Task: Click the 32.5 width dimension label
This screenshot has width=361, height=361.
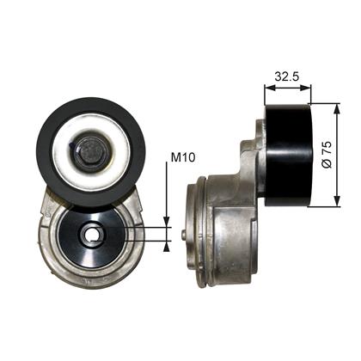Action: [287, 76]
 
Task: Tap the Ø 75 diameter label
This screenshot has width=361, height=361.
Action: [327, 154]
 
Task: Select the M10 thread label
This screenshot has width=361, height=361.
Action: [183, 157]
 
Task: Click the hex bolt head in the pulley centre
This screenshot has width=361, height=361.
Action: [90, 152]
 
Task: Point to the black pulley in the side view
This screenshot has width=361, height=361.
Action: [287, 155]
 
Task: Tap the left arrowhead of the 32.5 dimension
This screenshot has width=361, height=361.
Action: [269, 89]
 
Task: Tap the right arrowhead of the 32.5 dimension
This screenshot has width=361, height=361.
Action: [305, 89]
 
